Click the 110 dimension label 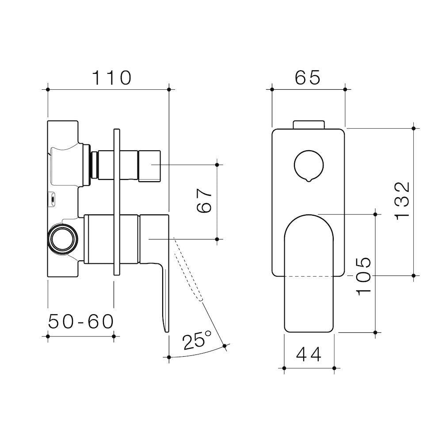pyautogui.click(x=112, y=78)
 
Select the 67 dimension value pyautogui.click(x=204, y=201)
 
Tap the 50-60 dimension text pyautogui.click(x=81, y=322)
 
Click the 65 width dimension pyautogui.click(x=308, y=78)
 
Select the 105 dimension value pyautogui.click(x=363, y=276)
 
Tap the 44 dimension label pyautogui.click(x=309, y=354)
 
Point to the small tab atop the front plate pyautogui.click(x=309, y=124)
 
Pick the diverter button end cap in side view pyautogui.click(x=149, y=165)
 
